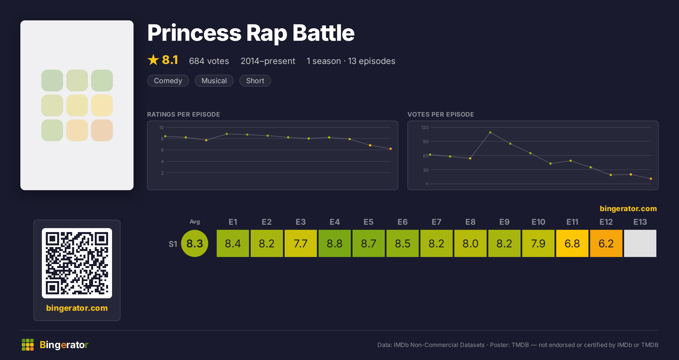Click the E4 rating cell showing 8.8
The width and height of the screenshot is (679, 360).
pos(334,243)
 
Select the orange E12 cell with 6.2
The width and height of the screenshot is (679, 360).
pos(606,243)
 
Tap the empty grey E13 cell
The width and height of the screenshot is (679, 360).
pos(640,243)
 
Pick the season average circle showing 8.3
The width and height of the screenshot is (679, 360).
pos(195,243)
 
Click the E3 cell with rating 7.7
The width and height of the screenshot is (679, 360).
pos(300,243)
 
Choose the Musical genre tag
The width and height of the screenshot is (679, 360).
pos(214,81)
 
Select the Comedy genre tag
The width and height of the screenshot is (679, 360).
pos(168,81)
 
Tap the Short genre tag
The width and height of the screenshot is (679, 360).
pos(255,81)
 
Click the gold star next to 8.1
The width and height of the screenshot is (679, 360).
pos(153,60)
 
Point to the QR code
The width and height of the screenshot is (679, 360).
pos(77,263)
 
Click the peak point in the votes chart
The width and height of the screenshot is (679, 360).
pos(490,132)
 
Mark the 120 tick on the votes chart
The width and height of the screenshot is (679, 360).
pos(425,127)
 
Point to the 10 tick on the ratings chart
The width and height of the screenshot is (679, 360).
pos(161,127)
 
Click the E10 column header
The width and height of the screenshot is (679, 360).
pos(538,222)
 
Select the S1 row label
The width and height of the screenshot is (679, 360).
pos(173,244)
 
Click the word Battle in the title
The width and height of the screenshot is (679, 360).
pos(323,33)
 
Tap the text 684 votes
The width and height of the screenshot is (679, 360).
pos(209,61)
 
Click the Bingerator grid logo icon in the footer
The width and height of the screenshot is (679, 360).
pos(28,345)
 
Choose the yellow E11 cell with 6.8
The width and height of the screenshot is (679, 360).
pos(572,243)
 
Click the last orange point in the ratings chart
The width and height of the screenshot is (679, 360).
pos(391,149)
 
